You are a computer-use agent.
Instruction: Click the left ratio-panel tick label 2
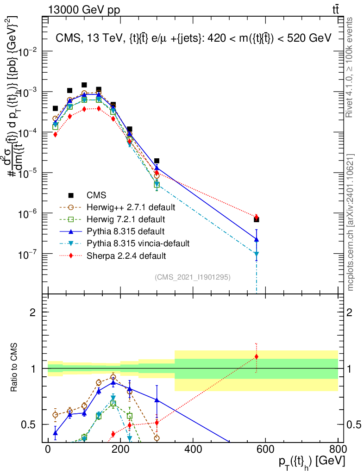[x=33, y=312]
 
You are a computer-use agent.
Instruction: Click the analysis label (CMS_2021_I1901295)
[x=193, y=277]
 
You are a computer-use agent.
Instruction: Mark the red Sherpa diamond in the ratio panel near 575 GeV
[x=256, y=356]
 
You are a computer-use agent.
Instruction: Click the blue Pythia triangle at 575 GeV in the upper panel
[x=256, y=239]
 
